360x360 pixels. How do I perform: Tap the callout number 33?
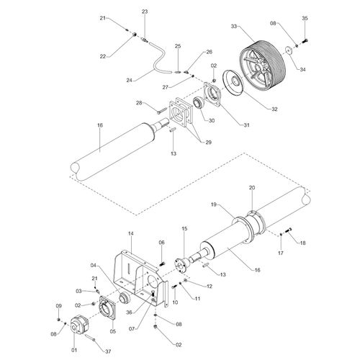click(x=234, y=26)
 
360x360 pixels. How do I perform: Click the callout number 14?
click(x=131, y=233)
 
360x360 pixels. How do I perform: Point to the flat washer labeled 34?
click(x=289, y=50)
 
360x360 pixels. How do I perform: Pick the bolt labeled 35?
click(x=305, y=41)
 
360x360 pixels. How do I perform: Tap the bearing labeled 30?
click(x=199, y=103)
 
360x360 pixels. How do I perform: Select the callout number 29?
click(x=209, y=143)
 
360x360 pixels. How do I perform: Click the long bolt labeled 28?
click(x=163, y=111)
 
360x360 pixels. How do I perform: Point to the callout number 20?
click(x=252, y=187)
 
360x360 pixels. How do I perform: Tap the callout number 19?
click(x=214, y=204)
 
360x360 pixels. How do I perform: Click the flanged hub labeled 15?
click(x=182, y=264)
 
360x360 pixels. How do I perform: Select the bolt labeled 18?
click(x=289, y=230)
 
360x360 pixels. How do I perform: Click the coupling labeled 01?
click(x=81, y=325)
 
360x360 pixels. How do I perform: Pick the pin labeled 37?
click(x=90, y=338)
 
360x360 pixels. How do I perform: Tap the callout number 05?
click(x=112, y=331)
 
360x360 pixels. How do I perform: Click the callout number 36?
click(x=129, y=312)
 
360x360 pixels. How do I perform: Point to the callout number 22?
click(x=103, y=56)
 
